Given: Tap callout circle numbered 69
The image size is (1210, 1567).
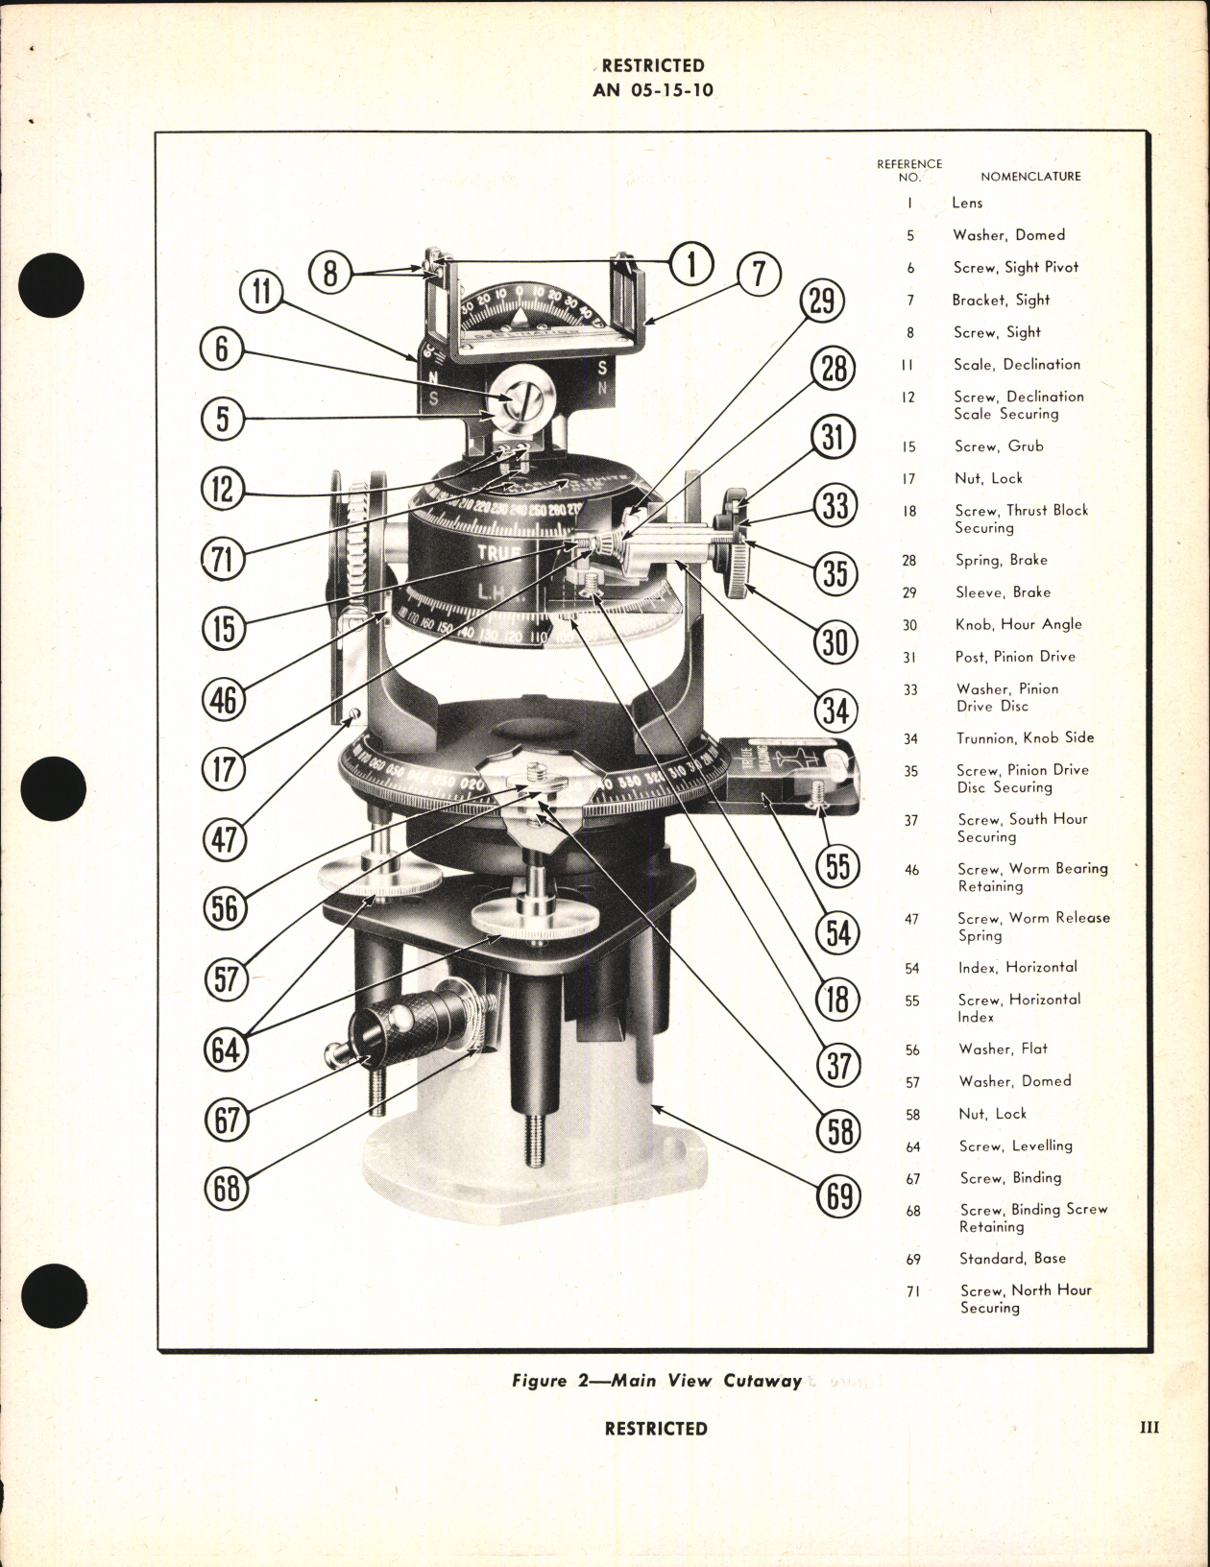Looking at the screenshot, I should coord(838,1195).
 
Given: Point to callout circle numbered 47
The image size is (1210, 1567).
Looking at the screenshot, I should coord(225,839).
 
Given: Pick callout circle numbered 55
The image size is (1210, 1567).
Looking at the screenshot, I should coord(838,865).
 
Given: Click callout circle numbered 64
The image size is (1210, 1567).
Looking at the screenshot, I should coord(225,1049).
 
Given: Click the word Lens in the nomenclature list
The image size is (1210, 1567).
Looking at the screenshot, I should coord(967,203).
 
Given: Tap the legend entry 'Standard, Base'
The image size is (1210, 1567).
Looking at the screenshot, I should coord(1012,1258).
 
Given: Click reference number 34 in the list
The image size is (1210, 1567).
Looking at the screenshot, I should coord(910,738).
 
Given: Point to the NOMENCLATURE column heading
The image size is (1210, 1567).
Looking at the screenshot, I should coord(1030,177).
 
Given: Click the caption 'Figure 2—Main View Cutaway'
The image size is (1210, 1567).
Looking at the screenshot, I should coord(657,1381).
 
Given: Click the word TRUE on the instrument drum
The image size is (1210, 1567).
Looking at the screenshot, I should coord(499,552).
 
